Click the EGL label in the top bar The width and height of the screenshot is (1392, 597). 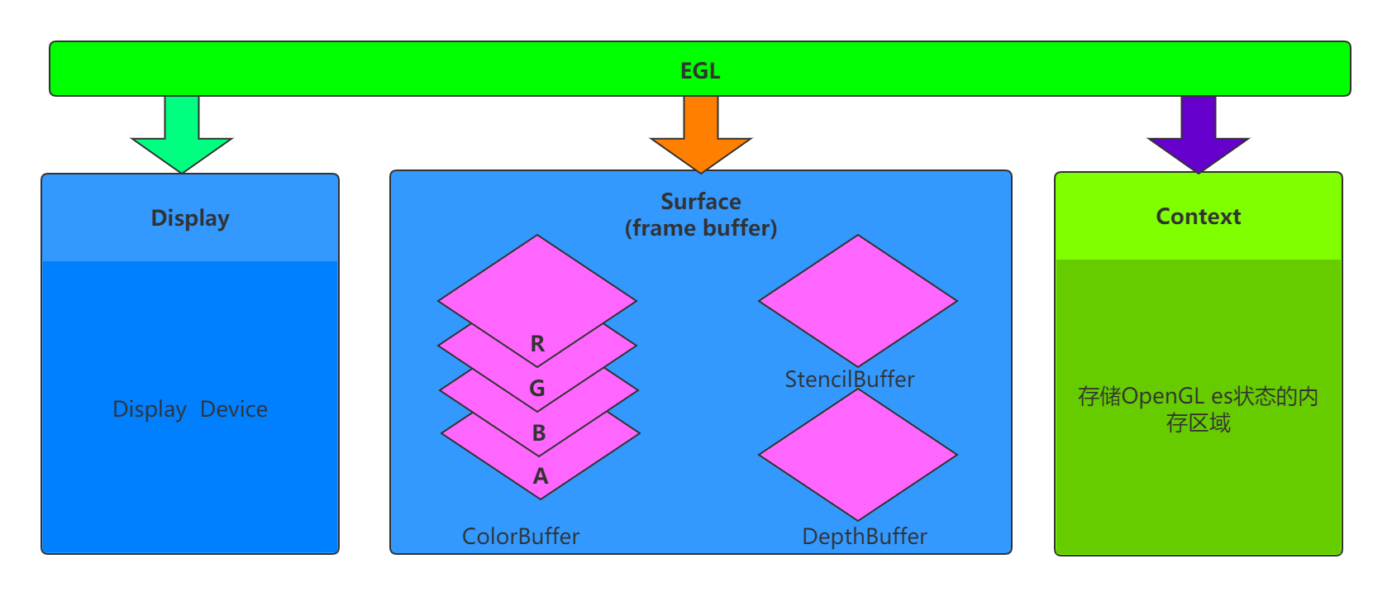pyautogui.click(x=700, y=71)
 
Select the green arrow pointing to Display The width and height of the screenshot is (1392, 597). pyautogui.click(x=182, y=136)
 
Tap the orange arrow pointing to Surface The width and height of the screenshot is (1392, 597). pyautogui.click(x=701, y=136)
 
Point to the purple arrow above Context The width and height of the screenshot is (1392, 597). pyautogui.click(x=1198, y=136)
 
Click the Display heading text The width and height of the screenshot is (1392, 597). pyautogui.click(x=190, y=218)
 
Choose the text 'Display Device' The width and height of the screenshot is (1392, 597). pyautogui.click(x=190, y=409)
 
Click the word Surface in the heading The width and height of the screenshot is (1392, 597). pyautogui.click(x=701, y=202)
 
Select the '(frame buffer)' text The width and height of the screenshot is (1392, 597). pyautogui.click(x=701, y=228)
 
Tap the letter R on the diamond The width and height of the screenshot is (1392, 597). pyautogui.click(x=537, y=344)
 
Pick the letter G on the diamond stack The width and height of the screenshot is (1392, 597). pyautogui.click(x=537, y=388)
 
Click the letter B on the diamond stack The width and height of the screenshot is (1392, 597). pyautogui.click(x=539, y=432)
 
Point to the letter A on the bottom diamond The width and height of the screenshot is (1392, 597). pyautogui.click(x=541, y=476)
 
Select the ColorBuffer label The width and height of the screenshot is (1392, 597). pyautogui.click(x=521, y=537)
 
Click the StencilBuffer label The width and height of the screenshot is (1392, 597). pyautogui.click(x=850, y=380)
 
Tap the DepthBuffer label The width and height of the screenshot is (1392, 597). pyautogui.click(x=865, y=537)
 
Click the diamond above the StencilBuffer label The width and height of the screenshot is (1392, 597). pyautogui.click(x=858, y=300)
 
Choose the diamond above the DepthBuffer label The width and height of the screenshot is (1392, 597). pyautogui.click(x=858, y=455)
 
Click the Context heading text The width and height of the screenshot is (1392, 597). pyautogui.click(x=1198, y=217)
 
